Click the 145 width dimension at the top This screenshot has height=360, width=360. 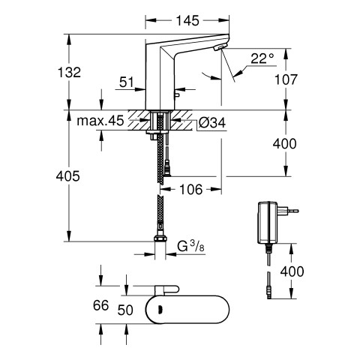187,20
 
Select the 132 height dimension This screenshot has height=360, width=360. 69,72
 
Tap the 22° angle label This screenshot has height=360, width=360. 262,58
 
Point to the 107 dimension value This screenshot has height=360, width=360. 286,79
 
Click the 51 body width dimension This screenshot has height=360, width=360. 127,82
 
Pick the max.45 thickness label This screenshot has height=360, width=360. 100,121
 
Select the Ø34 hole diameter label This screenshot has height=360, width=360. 212,122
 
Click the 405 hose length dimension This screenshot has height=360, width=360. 68,176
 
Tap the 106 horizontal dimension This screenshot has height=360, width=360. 191,189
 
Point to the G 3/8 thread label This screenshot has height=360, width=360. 190,246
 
